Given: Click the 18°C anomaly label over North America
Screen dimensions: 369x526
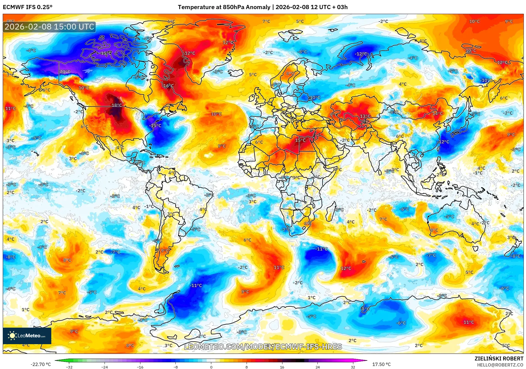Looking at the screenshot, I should tap(117, 105).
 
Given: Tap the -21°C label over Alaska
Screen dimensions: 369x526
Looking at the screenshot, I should tap(65, 71).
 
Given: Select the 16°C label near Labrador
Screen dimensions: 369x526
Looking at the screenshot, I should tap(168, 86).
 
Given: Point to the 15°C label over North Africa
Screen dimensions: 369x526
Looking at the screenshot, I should tap(300, 140).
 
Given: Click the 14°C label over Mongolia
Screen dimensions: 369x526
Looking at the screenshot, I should tap(437, 113).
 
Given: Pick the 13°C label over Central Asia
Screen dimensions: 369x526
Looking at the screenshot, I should tap(365, 116).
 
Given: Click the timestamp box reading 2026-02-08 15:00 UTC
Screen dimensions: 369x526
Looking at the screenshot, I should tap(49, 27).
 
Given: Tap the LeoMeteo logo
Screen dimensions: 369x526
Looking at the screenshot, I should tap(27, 336).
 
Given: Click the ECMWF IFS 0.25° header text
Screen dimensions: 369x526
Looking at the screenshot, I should tap(28, 7).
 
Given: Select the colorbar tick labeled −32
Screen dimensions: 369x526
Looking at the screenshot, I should tap(69, 367).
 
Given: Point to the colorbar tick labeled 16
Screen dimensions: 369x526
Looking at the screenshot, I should tap(282, 367).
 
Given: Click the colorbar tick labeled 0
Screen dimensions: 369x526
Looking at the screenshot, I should tap(211, 367).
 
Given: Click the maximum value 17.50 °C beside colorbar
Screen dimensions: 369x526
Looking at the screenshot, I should tap(381, 364).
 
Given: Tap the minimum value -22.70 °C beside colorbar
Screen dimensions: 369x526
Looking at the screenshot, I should tap(41, 364).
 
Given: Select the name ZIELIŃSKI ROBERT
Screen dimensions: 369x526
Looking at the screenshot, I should tap(499, 359).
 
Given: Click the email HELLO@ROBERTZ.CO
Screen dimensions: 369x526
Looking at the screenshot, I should tap(500, 365).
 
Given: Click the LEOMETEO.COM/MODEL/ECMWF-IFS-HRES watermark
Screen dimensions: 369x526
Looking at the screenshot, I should tap(263, 347).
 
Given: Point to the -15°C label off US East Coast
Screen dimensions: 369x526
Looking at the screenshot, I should tap(155, 125).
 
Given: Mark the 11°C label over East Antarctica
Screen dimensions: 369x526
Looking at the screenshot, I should tap(468, 322).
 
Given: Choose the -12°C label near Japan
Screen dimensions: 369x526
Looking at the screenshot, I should tap(444, 142).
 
